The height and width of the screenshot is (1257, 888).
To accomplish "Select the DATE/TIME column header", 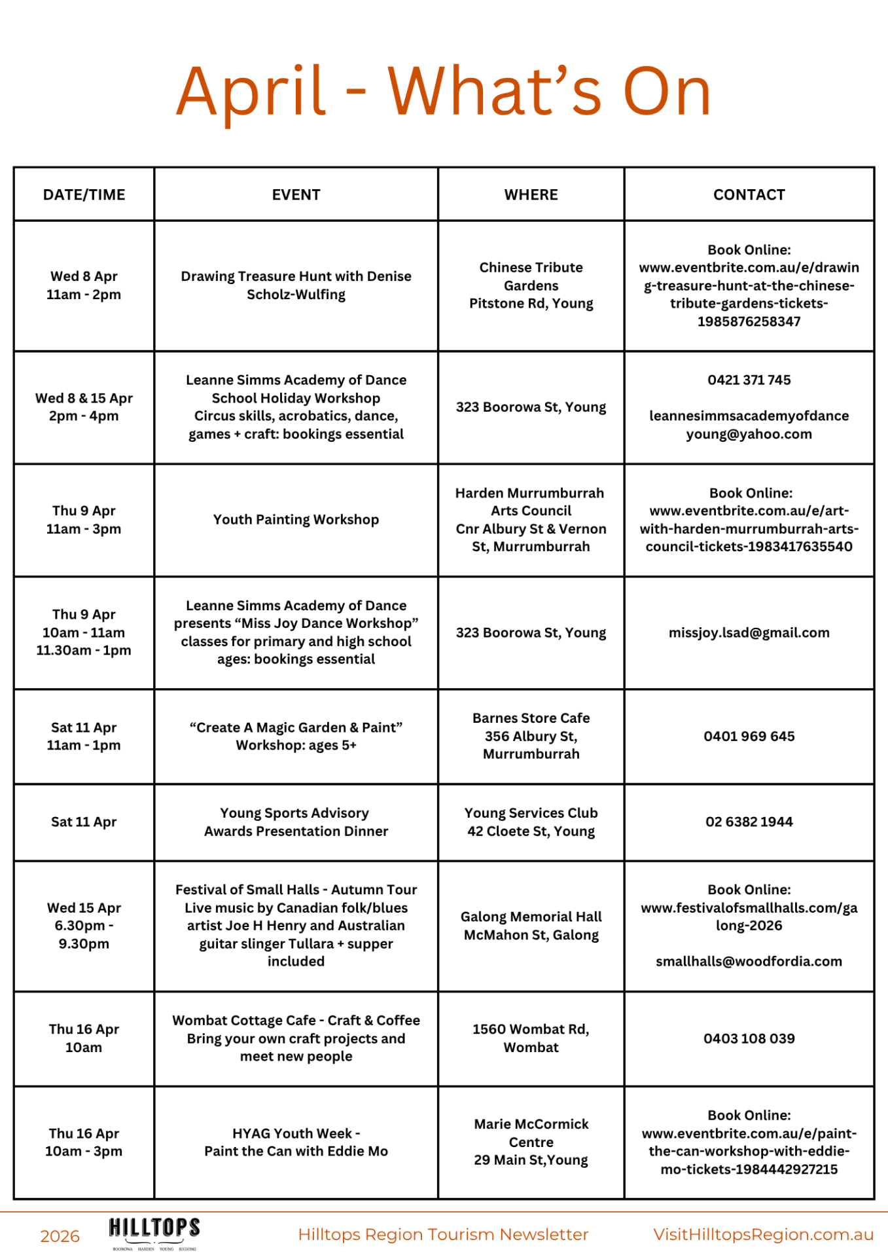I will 84,194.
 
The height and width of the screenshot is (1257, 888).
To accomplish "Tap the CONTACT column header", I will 749,194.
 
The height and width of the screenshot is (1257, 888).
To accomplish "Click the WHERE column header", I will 531,194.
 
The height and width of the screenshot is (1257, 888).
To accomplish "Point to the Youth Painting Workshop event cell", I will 296,520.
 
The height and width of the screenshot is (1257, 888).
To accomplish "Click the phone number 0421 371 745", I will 749,380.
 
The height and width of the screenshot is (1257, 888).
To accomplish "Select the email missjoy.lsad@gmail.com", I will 749,632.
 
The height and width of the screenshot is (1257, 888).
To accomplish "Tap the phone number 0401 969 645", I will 749,737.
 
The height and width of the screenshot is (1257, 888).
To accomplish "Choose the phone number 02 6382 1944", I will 749,822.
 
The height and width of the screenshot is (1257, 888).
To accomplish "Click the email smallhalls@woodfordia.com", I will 749,961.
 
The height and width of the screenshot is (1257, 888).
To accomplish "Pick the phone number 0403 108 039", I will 749,1038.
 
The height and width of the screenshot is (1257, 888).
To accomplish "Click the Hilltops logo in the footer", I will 154,1232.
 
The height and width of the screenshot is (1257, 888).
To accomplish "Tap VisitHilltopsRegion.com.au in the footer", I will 763,1235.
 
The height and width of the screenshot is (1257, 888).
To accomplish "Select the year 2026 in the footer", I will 60,1236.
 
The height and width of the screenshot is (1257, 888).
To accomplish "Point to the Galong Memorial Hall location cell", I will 531,926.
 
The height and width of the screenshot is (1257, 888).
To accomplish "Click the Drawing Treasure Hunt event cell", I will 296,285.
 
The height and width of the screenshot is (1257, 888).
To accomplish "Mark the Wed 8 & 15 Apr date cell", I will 84,407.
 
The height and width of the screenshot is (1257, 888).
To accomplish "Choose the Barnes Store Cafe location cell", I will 531,736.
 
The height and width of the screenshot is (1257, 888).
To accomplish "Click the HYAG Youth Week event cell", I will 296,1142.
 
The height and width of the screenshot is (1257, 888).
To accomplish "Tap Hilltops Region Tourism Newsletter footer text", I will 443,1235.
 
